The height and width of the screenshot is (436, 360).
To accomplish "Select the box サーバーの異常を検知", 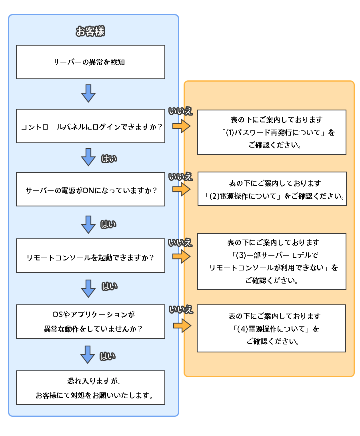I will point(90,62).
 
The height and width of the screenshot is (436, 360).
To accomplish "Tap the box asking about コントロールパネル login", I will point(90,126).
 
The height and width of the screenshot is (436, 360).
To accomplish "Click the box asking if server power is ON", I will point(90,189).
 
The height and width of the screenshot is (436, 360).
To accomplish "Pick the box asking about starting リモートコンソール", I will point(90,256).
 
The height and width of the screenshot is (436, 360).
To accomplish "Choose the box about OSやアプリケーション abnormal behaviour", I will point(90,322).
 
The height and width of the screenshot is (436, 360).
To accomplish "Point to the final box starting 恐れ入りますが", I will point(90,388).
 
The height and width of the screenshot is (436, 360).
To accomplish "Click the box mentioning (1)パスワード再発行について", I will point(272,132).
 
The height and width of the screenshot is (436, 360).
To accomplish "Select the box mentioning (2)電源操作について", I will point(272,189).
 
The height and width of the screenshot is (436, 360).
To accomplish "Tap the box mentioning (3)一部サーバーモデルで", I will point(272,262).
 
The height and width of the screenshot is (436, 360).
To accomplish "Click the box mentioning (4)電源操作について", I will point(271,328).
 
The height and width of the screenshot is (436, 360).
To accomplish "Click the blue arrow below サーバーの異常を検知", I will point(88,93).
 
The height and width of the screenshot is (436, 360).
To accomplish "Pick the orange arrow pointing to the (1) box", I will point(181,126).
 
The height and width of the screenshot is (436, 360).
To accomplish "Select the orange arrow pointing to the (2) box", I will point(181,189).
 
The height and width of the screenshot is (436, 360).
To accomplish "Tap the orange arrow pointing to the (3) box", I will point(181,256).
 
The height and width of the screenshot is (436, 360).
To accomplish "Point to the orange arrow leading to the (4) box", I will point(182,325).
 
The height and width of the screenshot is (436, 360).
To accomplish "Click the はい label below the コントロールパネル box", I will point(109,159).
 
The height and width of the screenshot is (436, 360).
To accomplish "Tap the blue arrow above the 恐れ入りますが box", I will point(88,355).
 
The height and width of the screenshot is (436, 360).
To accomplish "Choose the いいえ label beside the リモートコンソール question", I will point(180,243).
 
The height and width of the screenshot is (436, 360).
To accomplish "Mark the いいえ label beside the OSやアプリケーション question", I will point(181,309).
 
